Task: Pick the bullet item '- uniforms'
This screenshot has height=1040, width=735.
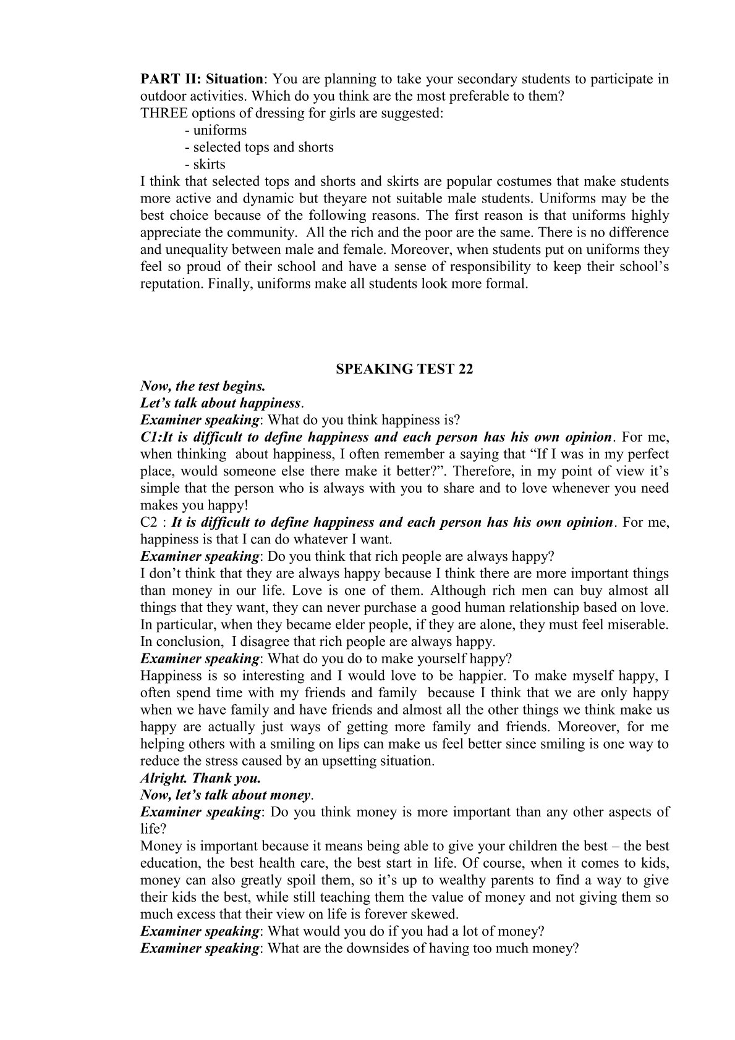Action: click(216, 130)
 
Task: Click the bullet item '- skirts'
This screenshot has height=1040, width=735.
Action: click(205, 164)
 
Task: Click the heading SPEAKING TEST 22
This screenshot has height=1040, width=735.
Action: click(404, 369)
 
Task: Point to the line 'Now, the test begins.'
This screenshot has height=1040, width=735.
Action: click(203, 387)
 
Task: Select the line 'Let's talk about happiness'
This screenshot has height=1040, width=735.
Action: click(221, 403)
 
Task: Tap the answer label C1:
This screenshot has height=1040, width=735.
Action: click(151, 438)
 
